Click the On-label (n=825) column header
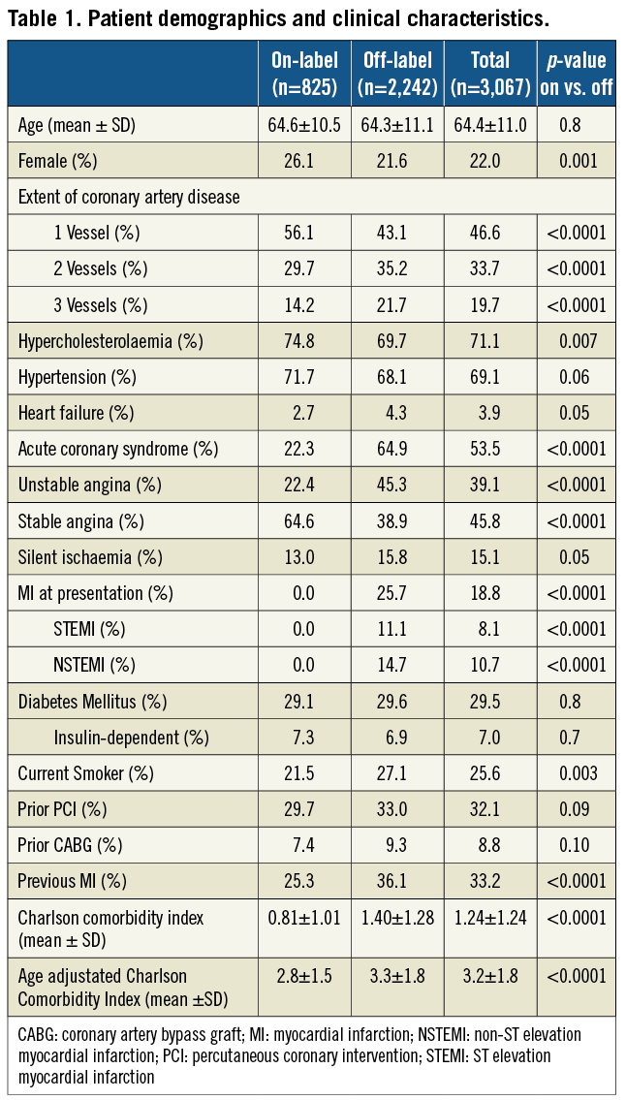pos(305,74)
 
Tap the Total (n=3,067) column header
pos(490,74)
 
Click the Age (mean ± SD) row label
pos(71,125)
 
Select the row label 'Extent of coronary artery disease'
pos(129,197)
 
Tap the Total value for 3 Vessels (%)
pos(490,304)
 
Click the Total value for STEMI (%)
pos(490,629)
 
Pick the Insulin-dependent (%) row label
pos(132,737)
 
